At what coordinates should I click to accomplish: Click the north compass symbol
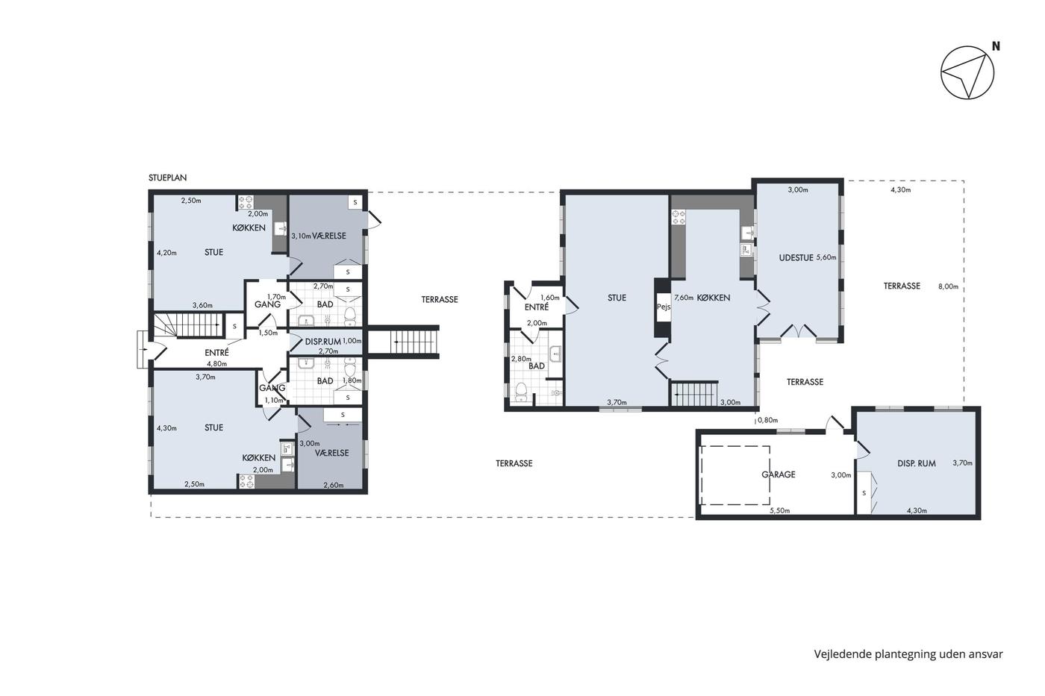click(x=967, y=72)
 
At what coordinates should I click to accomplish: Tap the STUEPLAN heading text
click(x=167, y=178)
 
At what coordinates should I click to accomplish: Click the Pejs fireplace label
click(x=664, y=307)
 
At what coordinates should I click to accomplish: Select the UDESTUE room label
click(x=796, y=257)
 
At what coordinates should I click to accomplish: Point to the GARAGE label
click(x=778, y=474)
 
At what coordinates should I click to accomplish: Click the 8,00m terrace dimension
click(x=949, y=286)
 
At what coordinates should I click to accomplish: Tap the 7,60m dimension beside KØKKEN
click(x=684, y=298)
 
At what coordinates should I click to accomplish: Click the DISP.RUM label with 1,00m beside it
click(x=322, y=342)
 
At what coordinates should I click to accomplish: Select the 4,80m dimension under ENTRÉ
click(x=217, y=364)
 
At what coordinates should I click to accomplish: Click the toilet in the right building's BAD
click(x=521, y=392)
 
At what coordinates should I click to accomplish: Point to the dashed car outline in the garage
click(x=735, y=475)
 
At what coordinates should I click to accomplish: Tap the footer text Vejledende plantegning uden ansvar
click(x=908, y=654)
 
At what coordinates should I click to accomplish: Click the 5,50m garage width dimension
click(x=780, y=510)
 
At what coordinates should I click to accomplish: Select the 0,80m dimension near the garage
click(x=767, y=420)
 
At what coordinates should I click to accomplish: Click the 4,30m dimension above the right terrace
click(x=901, y=189)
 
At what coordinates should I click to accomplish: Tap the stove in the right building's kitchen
click(x=679, y=217)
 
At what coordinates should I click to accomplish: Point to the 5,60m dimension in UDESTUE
click(x=826, y=257)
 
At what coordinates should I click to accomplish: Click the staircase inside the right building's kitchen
click(x=694, y=393)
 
